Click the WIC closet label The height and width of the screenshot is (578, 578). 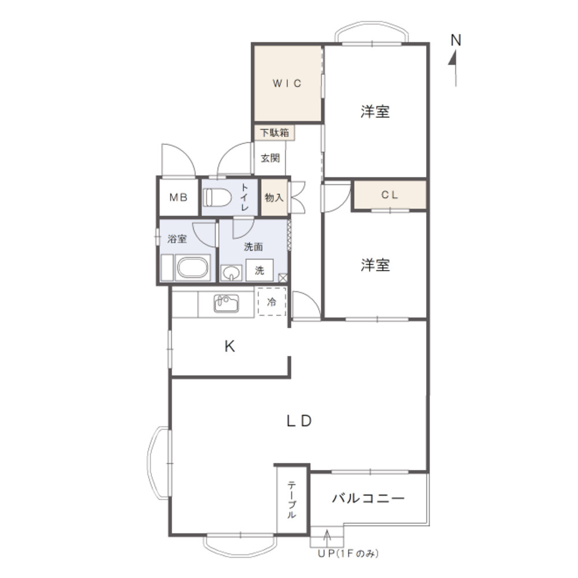point(287,83)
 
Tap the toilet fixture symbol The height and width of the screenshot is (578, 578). point(217,197)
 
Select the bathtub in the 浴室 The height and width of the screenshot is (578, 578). point(192,267)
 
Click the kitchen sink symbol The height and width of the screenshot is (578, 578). point(226,303)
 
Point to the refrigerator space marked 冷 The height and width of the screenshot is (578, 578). point(272,302)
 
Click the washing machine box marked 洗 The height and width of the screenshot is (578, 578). point(260,270)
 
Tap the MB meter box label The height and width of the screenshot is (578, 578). point(179,198)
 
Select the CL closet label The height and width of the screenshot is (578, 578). point(390,195)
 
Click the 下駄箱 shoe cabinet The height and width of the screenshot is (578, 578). point(274,133)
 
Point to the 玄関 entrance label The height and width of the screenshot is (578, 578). point(270,158)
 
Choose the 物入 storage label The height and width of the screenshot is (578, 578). point(274,198)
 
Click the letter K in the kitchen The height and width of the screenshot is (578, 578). point(229,346)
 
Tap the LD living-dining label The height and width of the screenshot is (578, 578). point(299,421)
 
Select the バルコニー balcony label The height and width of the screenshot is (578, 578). point(368,498)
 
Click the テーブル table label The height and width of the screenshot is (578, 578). point(291,499)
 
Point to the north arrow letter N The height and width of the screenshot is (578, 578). point(456,40)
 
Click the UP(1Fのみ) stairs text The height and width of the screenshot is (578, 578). point(348,553)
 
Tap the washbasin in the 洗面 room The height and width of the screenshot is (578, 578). point(231,273)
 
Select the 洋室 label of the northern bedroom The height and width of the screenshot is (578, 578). point(375,111)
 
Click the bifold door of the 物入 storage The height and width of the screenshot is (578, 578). point(298,198)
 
